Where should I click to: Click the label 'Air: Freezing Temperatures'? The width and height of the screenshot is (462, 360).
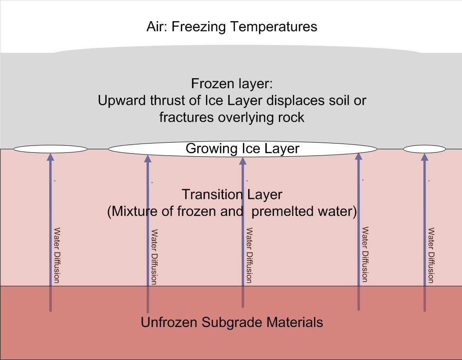click(x=231, y=27)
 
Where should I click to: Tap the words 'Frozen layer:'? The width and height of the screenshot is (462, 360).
click(x=231, y=83)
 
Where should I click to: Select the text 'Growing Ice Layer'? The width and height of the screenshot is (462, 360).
click(x=242, y=148)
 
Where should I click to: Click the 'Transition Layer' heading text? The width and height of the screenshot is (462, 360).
click(x=232, y=194)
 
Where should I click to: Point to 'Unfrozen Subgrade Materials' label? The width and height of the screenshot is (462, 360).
click(x=231, y=322)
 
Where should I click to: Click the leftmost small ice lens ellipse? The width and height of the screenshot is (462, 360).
click(x=51, y=149)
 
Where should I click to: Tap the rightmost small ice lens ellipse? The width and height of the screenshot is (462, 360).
click(x=424, y=149)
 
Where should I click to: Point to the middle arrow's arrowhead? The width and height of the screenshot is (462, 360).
click(x=242, y=160)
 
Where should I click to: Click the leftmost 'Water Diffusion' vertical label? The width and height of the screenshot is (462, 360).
click(x=57, y=255)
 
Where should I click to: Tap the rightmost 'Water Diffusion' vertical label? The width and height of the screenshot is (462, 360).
click(x=431, y=255)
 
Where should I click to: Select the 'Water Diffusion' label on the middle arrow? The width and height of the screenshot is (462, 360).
click(x=249, y=255)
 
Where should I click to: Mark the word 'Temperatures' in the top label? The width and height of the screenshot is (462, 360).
click(x=274, y=27)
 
